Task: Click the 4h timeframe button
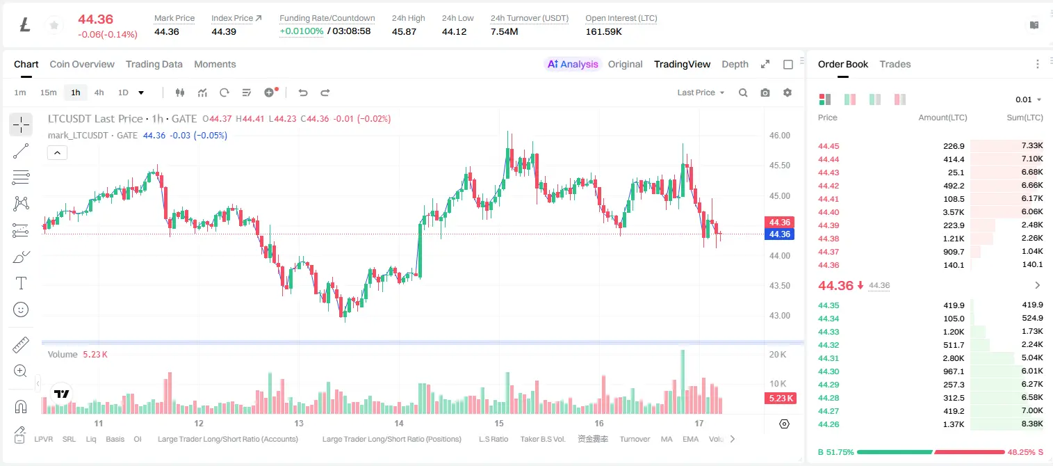pos(99,93)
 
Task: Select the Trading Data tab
pos(154,64)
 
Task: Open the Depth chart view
pos(735,64)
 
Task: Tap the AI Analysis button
pos(573,64)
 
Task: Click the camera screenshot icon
pos(765,93)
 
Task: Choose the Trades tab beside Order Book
pos(895,64)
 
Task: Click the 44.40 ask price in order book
pos(828,212)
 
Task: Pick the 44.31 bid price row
pos(828,358)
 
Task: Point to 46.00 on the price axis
pos(779,136)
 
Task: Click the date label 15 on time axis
pos(499,423)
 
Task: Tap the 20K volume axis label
pos(778,355)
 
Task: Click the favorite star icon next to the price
pos(54,25)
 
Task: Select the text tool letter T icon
pos(21,283)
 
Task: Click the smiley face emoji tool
pos(21,310)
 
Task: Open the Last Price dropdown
pos(701,93)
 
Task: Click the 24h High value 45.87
pos(404,31)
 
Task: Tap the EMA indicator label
pos(690,439)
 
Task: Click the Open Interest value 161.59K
pos(603,31)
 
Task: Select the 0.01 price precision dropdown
pos(1028,99)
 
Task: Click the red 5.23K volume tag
pos(781,399)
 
